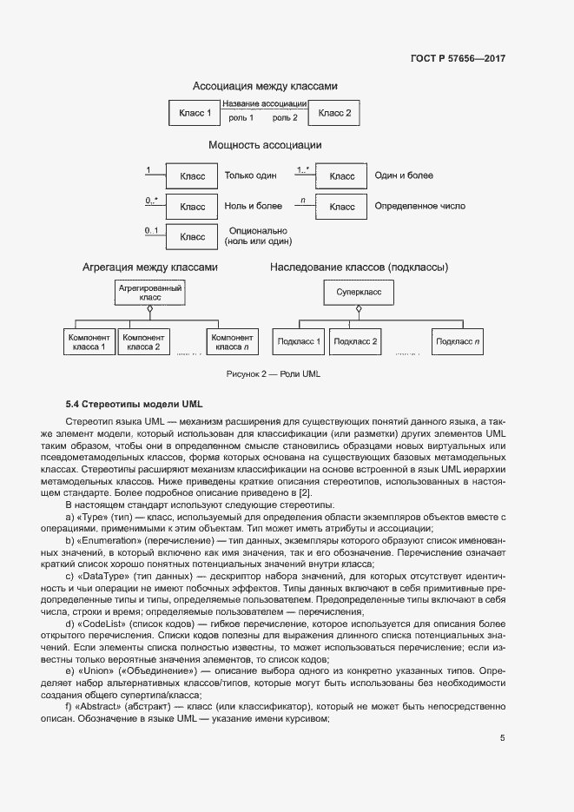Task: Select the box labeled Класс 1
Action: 195,113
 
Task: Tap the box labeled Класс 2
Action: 334,113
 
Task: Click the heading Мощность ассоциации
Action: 265,146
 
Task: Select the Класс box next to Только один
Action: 192,176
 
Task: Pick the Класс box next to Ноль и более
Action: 192,207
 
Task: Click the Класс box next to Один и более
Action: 341,176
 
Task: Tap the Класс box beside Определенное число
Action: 341,207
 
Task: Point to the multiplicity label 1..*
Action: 303,170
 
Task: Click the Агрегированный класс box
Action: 149,292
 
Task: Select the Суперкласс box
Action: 359,292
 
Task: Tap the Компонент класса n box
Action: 231,341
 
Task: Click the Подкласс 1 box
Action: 298,341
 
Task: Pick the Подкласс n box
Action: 458,341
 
